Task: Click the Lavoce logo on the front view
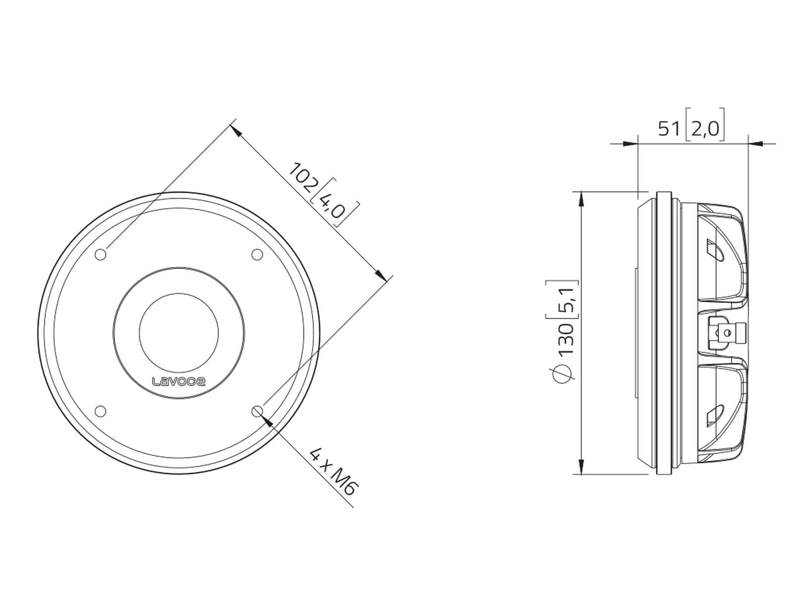click(x=179, y=381)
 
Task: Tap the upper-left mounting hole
click(x=101, y=254)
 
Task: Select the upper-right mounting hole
click(x=257, y=254)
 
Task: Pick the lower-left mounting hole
click(x=101, y=411)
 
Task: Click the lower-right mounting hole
click(x=257, y=411)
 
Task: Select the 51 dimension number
click(x=669, y=128)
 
